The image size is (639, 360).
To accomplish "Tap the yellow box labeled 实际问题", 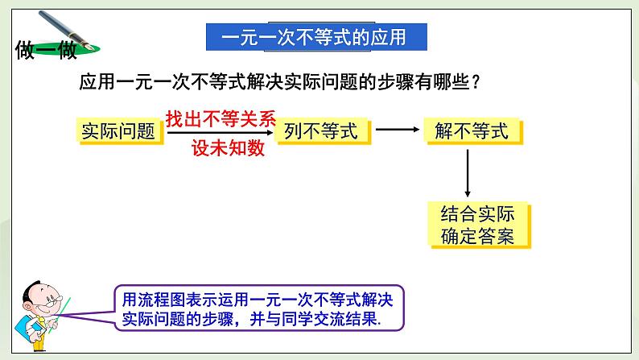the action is click(x=117, y=131).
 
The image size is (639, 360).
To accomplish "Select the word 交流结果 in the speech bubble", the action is click(x=340, y=319).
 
